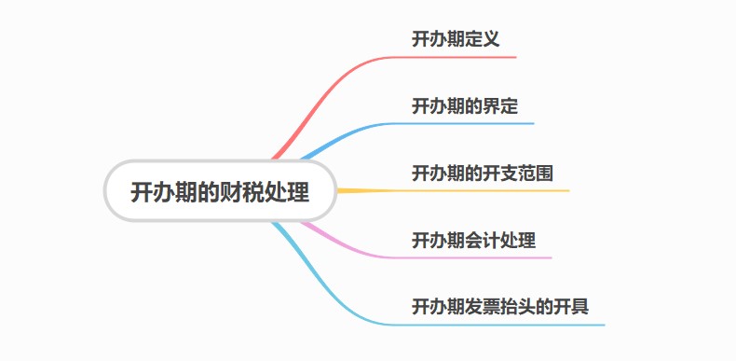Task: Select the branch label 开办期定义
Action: (457, 39)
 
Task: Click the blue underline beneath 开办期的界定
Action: (466, 123)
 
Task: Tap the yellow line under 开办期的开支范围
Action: (484, 190)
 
